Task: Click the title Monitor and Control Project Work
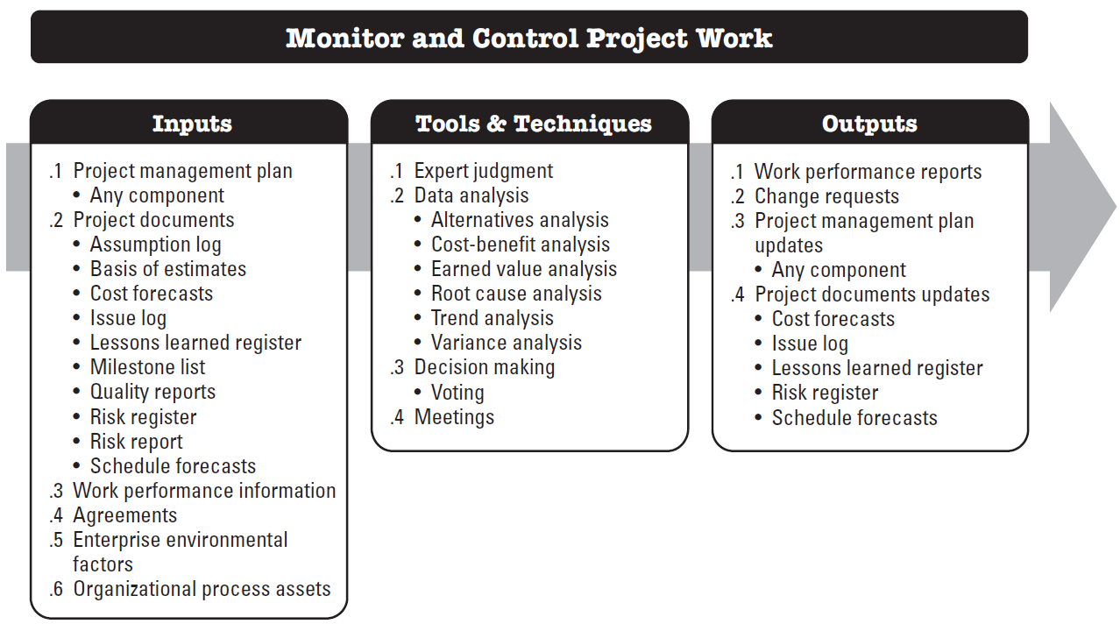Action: click(x=528, y=39)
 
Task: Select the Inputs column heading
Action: click(x=192, y=124)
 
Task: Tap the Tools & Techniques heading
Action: click(x=533, y=124)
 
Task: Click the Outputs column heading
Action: click(x=869, y=124)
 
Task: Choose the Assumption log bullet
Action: click(x=155, y=245)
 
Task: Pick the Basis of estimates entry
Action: click(x=167, y=269)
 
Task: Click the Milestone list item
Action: click(x=147, y=367)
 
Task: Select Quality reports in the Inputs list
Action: click(x=152, y=392)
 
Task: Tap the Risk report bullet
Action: click(x=136, y=442)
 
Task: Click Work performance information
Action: click(x=203, y=491)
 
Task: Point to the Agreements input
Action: click(x=124, y=515)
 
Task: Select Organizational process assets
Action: click(x=202, y=589)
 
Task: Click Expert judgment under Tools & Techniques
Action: click(x=483, y=171)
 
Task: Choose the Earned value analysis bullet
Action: click(x=523, y=269)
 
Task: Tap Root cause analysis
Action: click(x=516, y=294)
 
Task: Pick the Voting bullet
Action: click(x=457, y=393)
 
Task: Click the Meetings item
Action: click(x=454, y=417)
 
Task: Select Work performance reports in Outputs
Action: click(x=868, y=172)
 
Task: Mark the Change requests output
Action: click(x=826, y=196)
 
